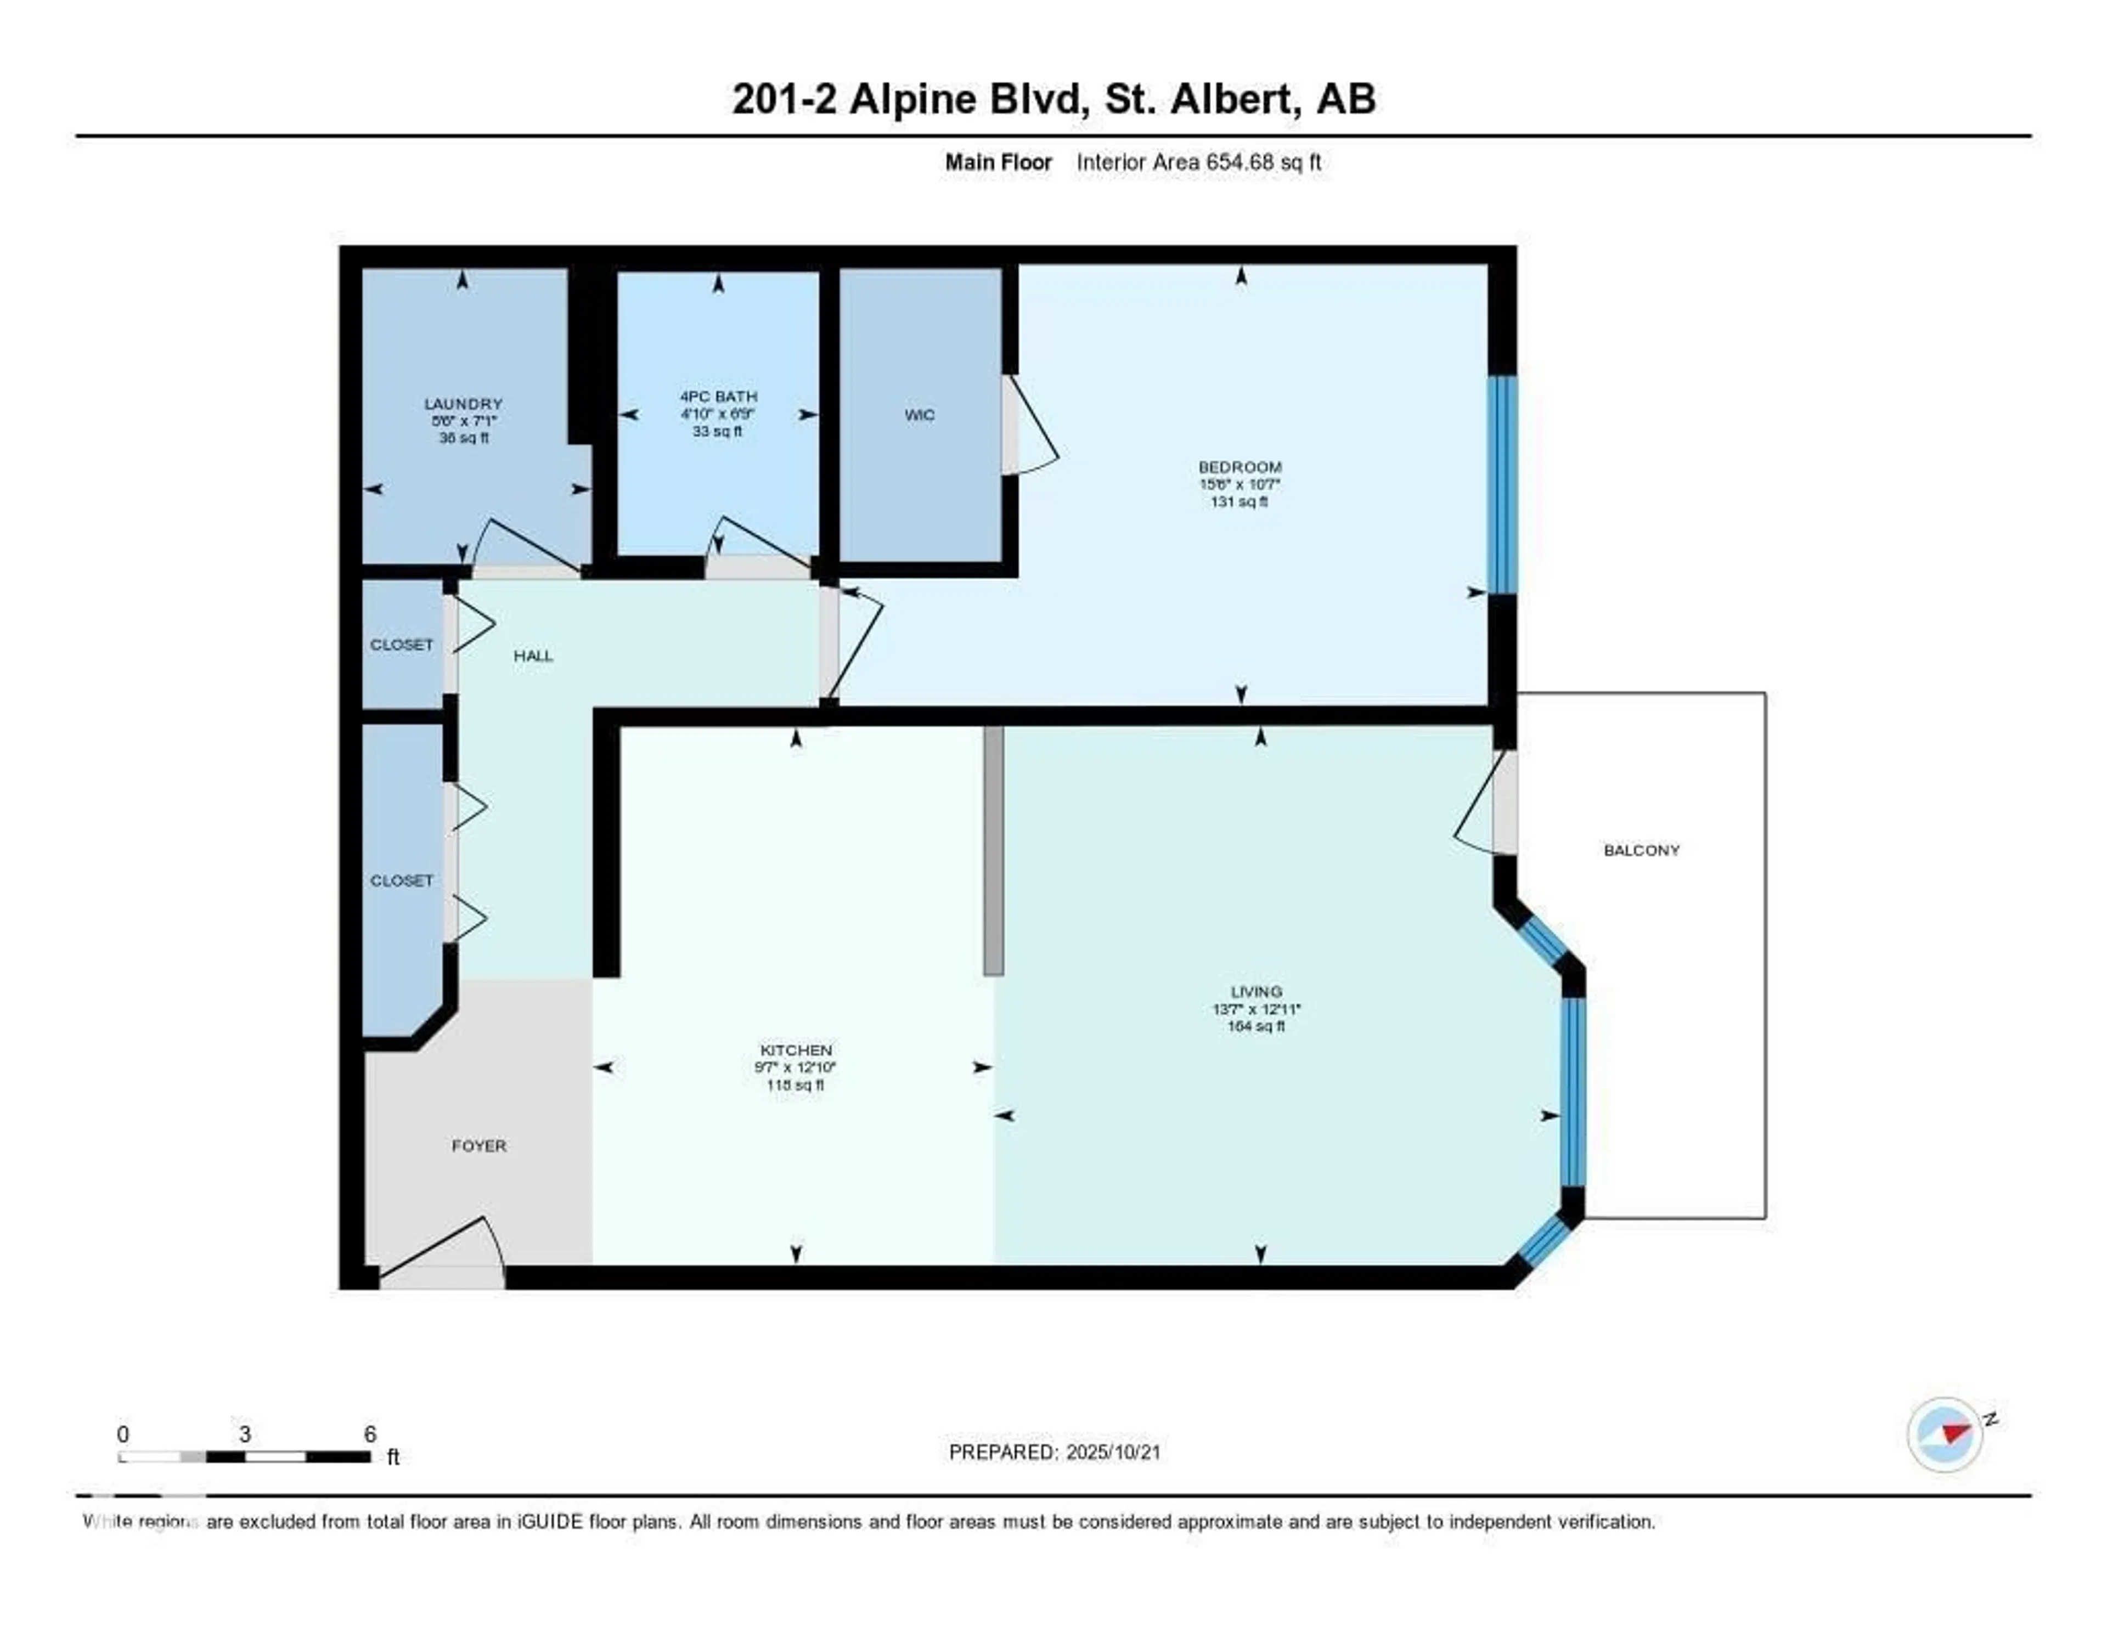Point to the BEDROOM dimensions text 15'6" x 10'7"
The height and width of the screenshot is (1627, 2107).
(x=1240, y=485)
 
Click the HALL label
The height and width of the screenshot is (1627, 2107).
(x=533, y=656)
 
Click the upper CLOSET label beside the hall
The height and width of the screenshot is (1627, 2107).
(x=401, y=644)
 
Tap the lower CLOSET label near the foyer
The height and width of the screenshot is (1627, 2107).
(x=401, y=880)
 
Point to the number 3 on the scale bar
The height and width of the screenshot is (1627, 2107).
(x=245, y=1434)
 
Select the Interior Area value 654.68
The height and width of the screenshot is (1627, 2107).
(x=1239, y=162)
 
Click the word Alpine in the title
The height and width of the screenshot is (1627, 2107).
(x=912, y=98)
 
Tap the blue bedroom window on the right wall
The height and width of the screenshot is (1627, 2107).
(x=1501, y=484)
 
